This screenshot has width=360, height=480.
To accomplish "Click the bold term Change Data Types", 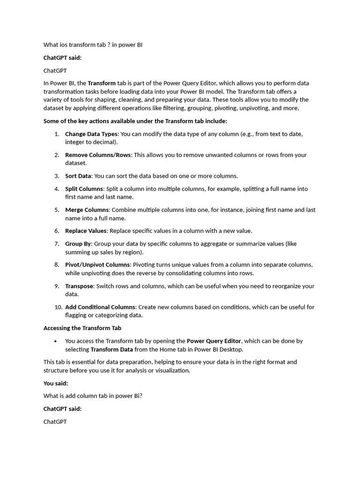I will tap(91, 134).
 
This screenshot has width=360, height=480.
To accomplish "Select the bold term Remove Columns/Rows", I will tap(98, 155).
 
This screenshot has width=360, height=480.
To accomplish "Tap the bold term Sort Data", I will tap(78, 176).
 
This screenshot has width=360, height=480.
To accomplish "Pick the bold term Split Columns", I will tap(84, 189).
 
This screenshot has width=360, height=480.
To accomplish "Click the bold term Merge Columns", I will tap(87, 210).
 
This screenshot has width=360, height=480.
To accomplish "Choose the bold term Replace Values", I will tap(86, 231).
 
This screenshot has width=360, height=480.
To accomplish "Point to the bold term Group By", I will tap(78, 244).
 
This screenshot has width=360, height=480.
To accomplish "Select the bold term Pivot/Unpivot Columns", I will tap(97, 265).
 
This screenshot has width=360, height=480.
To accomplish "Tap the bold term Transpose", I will tap(79, 286).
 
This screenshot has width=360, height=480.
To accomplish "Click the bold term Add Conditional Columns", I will tap(100, 307).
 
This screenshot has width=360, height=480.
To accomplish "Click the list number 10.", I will tap(58, 307).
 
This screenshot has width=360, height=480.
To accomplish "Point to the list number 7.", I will tap(57, 244).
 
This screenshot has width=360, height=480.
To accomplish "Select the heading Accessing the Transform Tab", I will tap(82, 328).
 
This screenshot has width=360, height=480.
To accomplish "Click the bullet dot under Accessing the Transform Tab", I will tap(56, 341).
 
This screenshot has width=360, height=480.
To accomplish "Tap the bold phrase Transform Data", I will tap(112, 350).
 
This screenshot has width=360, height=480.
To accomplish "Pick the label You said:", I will tap(56, 383).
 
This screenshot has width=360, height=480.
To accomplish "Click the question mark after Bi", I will tap(140, 396).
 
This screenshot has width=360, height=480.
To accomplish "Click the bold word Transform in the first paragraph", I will tap(102, 83).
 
